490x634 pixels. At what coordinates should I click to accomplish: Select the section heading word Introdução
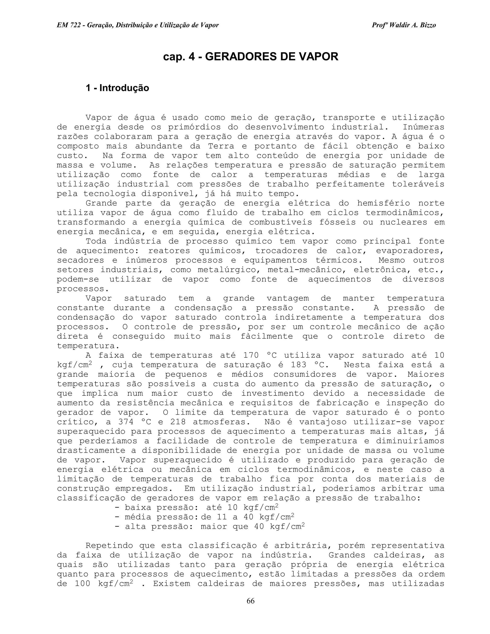click(124, 88)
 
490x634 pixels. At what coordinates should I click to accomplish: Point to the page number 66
click(250, 601)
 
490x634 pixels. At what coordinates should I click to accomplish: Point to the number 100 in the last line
click(83, 584)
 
